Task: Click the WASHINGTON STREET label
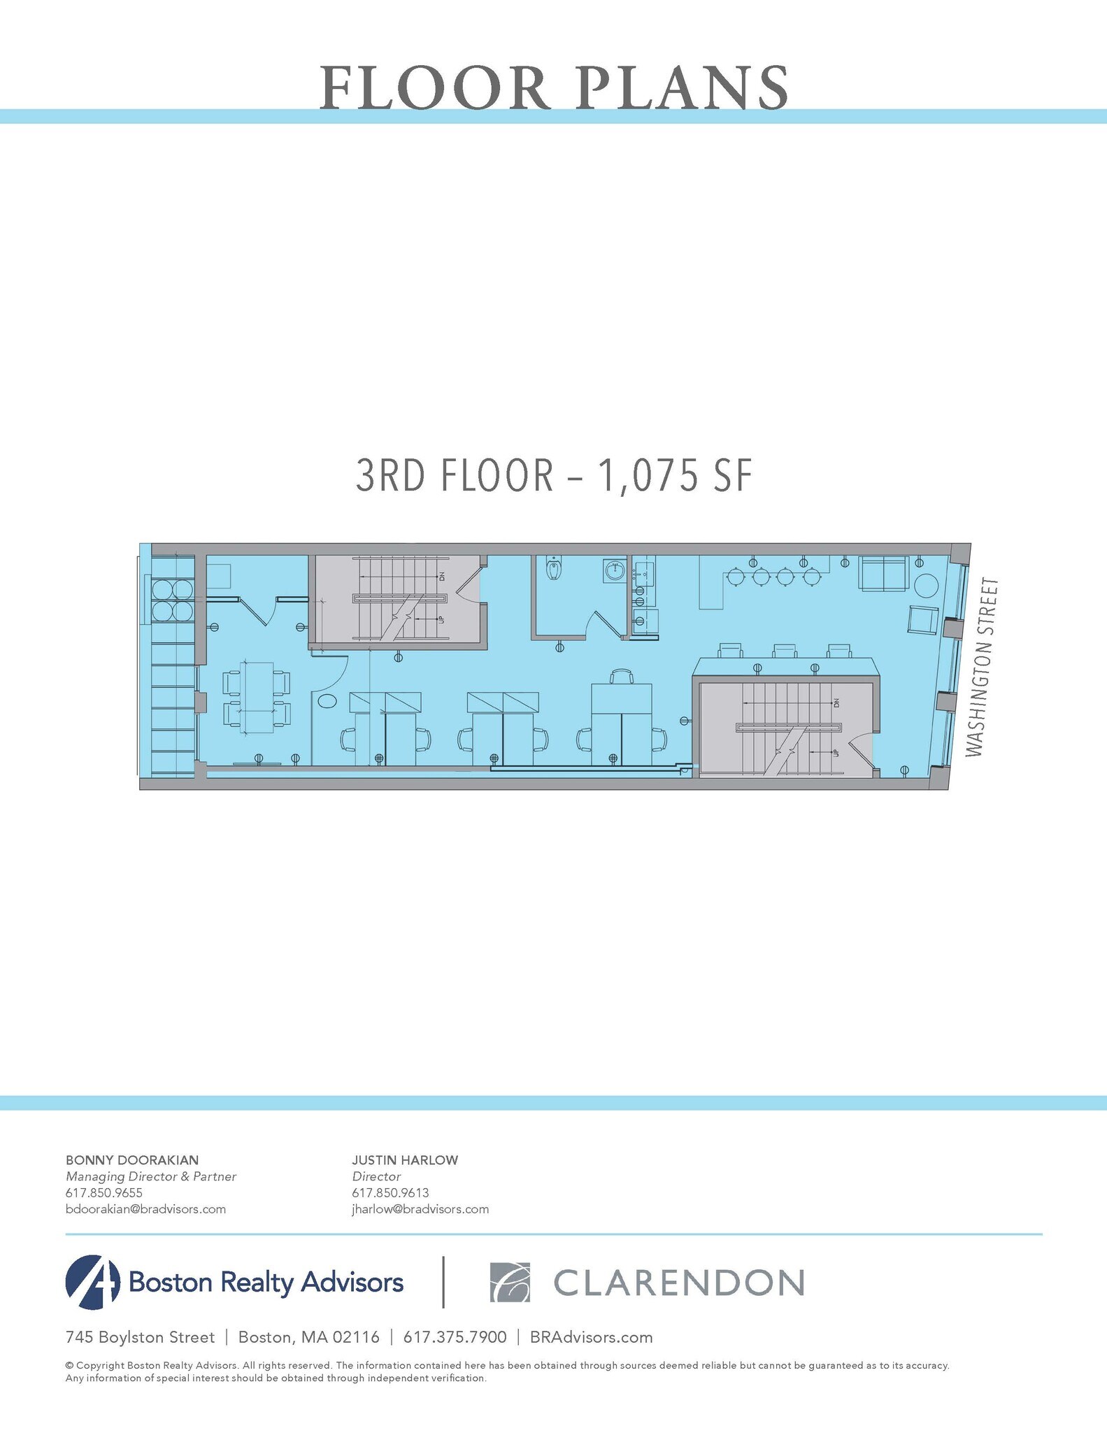[983, 667]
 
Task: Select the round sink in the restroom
[615, 571]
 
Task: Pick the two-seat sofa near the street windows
[884, 574]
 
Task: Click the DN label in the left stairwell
[442, 577]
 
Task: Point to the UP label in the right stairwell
[835, 752]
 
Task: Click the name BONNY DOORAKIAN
[131, 1160]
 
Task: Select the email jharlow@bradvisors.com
[420, 1209]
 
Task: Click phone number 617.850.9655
[103, 1193]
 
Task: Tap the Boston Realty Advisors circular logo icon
[92, 1283]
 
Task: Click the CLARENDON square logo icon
[510, 1283]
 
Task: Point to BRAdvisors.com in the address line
[591, 1337]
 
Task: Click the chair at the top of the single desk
[621, 676]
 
